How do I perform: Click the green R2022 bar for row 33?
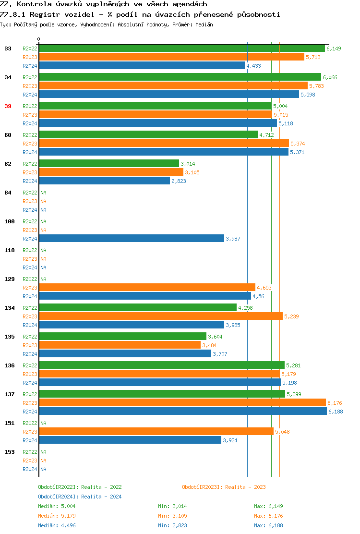click(182, 49)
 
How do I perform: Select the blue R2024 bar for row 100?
click(132, 239)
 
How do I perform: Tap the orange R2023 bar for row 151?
click(156, 432)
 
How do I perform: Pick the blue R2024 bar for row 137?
click(182, 412)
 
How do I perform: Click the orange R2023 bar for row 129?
click(147, 288)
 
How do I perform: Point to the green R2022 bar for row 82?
click(109, 164)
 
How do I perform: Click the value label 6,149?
click(334, 49)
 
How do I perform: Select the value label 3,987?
click(233, 239)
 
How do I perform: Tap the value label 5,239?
click(292, 316)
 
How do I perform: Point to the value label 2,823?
click(179, 181)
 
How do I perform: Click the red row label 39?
click(8, 106)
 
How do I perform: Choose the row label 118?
click(10, 250)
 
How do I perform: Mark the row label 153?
click(10, 452)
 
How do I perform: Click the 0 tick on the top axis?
click(39, 39)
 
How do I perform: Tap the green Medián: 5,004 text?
click(57, 506)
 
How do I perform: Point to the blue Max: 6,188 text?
click(268, 525)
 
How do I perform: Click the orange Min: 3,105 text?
click(172, 516)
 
